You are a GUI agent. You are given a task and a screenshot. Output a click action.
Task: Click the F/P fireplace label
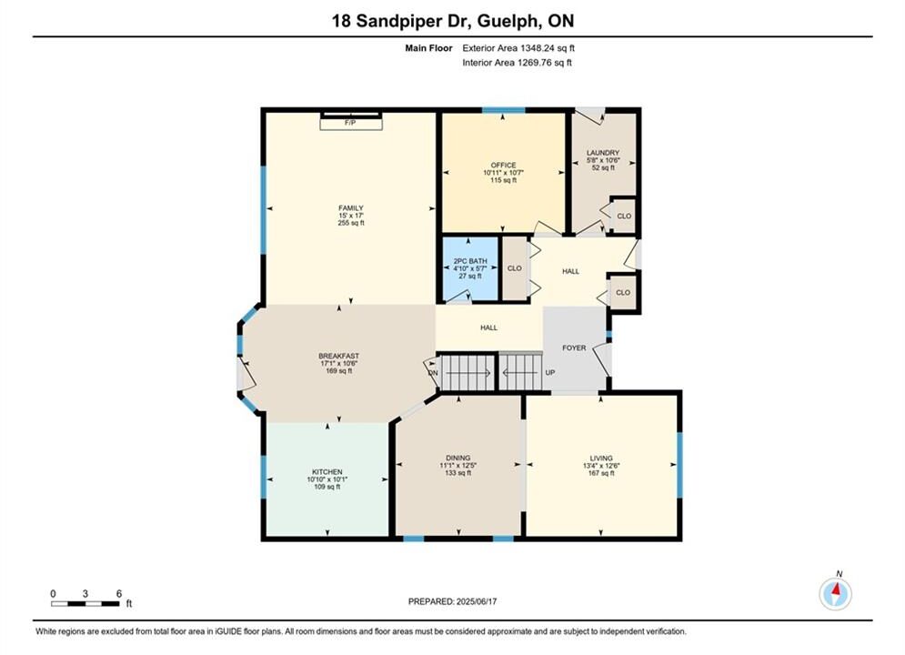[350, 123]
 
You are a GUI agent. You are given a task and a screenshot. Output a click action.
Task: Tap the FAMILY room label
[351, 208]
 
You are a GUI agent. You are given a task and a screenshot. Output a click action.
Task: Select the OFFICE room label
[503, 165]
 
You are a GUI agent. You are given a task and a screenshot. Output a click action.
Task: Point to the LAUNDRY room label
[603, 153]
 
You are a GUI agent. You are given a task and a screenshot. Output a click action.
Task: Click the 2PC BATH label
[470, 261]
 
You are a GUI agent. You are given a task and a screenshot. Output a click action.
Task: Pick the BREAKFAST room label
[338, 356]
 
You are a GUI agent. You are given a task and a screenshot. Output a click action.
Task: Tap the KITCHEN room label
[327, 472]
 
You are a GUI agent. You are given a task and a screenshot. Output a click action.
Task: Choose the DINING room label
[458, 458]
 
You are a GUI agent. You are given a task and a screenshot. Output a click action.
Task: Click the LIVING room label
[601, 458]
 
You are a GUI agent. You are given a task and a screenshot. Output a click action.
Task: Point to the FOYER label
[574, 348]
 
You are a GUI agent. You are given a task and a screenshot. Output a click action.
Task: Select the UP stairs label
[550, 373]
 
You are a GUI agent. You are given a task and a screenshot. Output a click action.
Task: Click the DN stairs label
[434, 373]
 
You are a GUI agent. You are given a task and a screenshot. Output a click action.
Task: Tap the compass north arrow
[835, 590]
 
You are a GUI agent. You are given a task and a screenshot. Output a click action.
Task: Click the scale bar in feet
[85, 604]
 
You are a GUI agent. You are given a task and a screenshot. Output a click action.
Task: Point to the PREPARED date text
[453, 601]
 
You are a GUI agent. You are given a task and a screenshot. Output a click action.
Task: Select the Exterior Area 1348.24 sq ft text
[518, 48]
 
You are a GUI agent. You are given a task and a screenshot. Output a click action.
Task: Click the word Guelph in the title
[509, 21]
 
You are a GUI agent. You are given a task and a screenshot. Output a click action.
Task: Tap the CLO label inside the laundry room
[625, 217]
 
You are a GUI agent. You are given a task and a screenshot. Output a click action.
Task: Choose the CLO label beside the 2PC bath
[514, 268]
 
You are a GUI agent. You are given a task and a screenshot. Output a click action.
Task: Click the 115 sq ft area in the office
[503, 180]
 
